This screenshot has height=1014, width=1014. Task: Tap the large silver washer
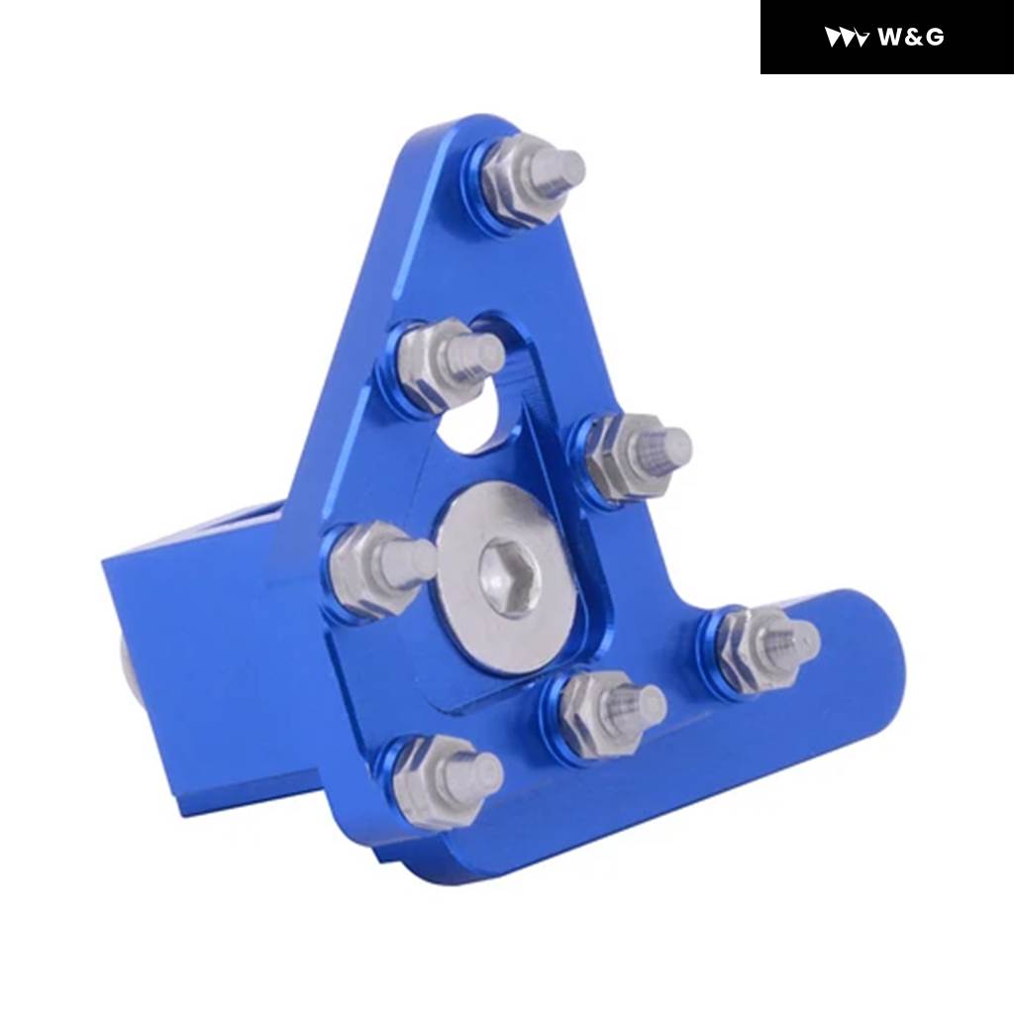click(x=506, y=575)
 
